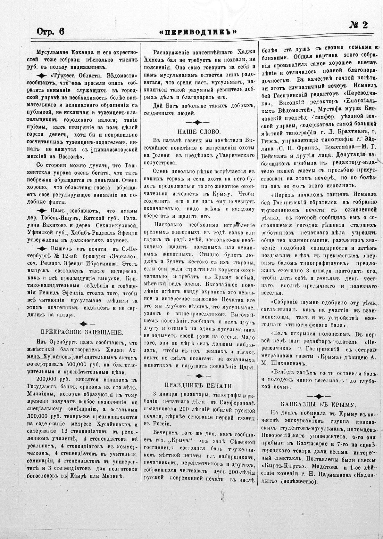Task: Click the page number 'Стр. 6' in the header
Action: point(51,31)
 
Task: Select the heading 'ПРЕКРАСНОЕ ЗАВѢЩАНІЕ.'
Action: point(82,331)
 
